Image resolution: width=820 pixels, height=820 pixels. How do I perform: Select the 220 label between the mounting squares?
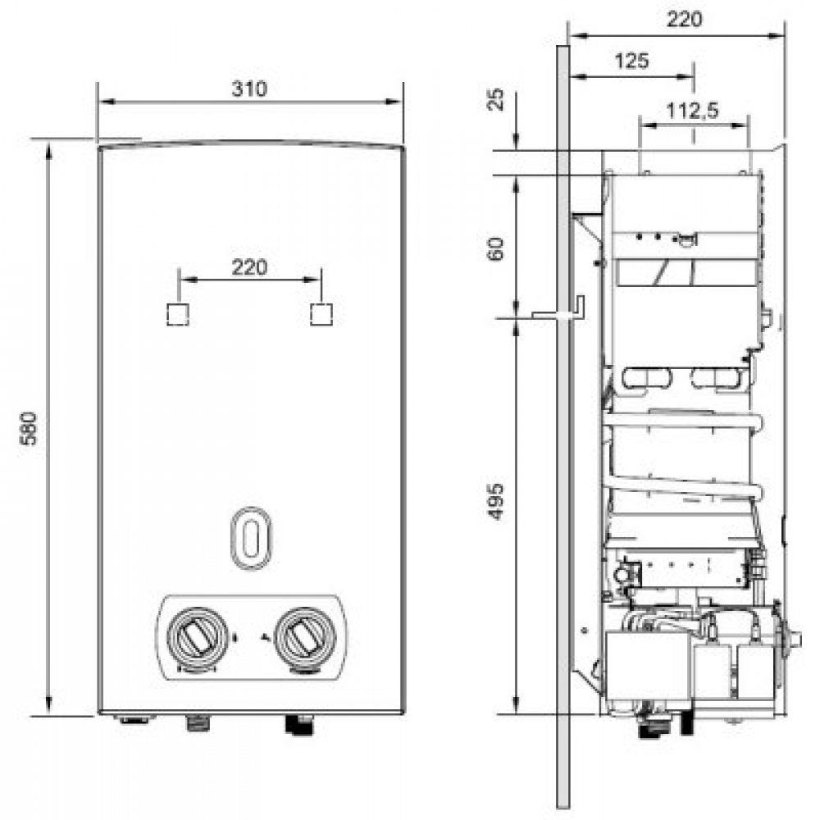pyautogui.click(x=250, y=267)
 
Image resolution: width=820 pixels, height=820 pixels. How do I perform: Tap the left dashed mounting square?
pyautogui.click(x=177, y=314)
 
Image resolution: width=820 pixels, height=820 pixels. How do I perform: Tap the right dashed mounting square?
pyautogui.click(x=321, y=314)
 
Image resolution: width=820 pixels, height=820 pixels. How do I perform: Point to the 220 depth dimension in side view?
pyautogui.click(x=683, y=20)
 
